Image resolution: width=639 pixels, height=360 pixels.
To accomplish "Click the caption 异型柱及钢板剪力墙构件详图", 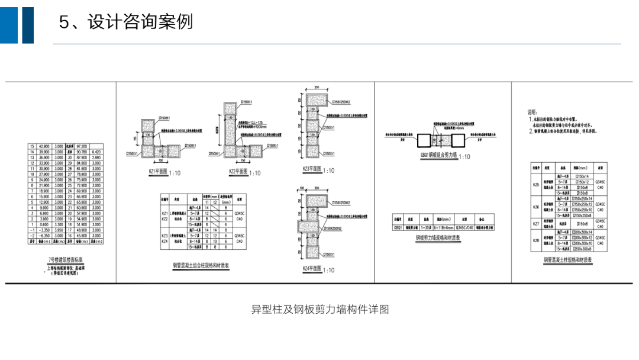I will (319, 309).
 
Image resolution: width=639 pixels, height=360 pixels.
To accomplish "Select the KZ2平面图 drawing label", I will (241, 173).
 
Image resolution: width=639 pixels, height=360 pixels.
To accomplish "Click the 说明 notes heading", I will (532, 111).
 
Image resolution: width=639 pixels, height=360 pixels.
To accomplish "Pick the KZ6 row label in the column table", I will (535, 207).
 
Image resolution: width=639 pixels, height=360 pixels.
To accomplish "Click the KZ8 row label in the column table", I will (535, 240).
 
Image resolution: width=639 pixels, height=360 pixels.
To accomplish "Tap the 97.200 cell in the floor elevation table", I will (82, 146).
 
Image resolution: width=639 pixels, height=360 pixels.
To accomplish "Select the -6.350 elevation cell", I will (44, 236).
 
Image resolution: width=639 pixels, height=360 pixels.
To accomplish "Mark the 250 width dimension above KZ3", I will (317, 87).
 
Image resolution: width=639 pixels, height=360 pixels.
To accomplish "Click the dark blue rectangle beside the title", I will (28, 21).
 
